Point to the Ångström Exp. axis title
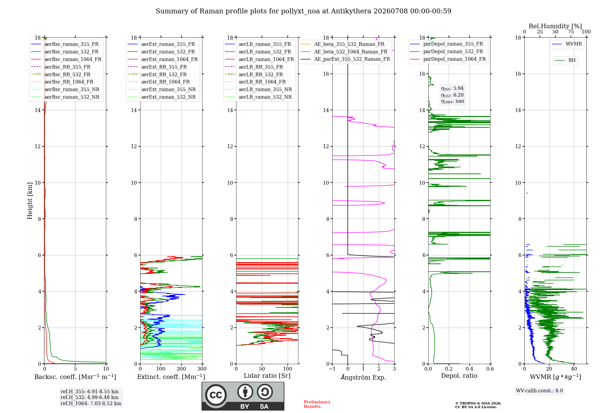coord(363,377)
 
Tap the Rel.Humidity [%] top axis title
coord(555,26)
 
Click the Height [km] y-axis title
coord(30,201)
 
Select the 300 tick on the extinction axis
coord(202,369)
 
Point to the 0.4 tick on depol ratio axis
coord(469,369)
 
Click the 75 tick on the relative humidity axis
coord(571,32)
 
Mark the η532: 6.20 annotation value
coord(452,95)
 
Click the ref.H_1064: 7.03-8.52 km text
coord(91,403)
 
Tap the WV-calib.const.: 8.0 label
coord(539,391)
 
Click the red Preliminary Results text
coord(317,404)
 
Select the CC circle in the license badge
coord(216,395)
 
